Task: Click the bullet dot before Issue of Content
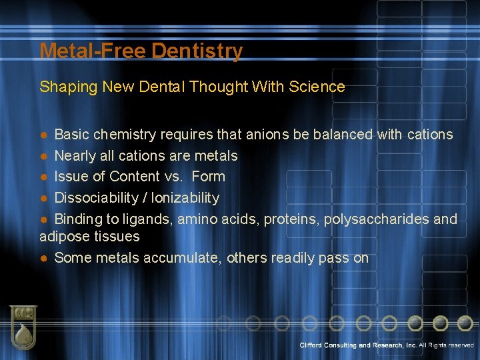coord(43,177)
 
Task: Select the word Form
coord(208,177)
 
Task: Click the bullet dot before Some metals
coord(43,259)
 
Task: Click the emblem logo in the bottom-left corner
coord(23,327)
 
